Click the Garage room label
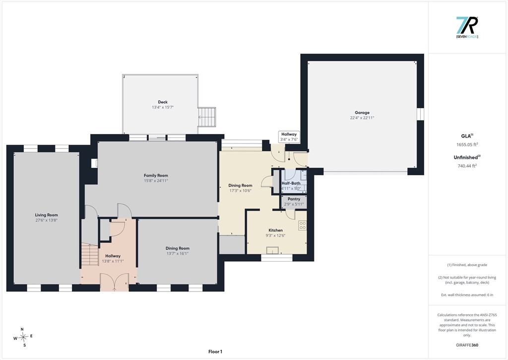coord(362,113)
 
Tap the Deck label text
coord(163,102)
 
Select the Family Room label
coord(156,175)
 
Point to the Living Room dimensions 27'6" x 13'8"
coord(46,220)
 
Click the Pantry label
coord(294,199)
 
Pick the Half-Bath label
coord(291,183)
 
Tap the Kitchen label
coord(275,230)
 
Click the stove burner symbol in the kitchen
coord(302,225)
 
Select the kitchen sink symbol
coord(272,250)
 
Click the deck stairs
coord(207,117)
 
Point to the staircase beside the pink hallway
coord(89,255)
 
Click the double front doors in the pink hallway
coord(114,281)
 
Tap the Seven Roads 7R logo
coord(467,27)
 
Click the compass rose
coord(23,337)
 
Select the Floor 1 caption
coord(215,352)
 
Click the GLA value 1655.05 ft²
coord(467,144)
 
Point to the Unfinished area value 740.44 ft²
coord(467,166)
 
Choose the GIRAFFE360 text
coord(467,345)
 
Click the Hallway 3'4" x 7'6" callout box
coord(289,137)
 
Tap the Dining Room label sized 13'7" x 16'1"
coord(178,251)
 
